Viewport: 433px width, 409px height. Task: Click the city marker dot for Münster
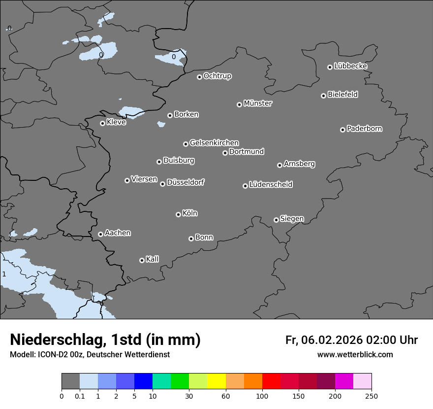(x=240, y=104)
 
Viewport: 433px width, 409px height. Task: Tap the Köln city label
(x=190, y=213)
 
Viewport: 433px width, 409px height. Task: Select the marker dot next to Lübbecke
(x=330, y=67)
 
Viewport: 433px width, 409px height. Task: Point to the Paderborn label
(x=365, y=129)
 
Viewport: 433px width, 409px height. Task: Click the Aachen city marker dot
(x=100, y=234)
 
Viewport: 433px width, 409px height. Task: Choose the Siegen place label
(x=292, y=219)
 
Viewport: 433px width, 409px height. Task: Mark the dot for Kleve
(x=102, y=123)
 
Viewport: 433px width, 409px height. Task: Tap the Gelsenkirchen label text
(x=214, y=143)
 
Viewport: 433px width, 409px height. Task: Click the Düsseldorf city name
(x=186, y=182)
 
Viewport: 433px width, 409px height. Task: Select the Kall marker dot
(x=142, y=260)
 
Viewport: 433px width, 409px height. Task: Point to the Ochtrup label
(x=217, y=76)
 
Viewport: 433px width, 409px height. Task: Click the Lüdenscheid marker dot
(x=245, y=186)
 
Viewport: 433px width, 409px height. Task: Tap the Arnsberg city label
(x=299, y=164)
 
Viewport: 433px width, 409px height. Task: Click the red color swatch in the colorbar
(x=271, y=381)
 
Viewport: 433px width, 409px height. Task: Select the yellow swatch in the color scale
(x=216, y=381)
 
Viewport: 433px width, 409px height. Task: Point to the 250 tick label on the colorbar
(x=371, y=396)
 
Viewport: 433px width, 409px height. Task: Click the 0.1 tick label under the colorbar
(x=80, y=396)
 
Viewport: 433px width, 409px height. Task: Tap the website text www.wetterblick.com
(x=355, y=355)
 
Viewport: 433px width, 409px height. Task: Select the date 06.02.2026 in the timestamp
(x=331, y=340)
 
